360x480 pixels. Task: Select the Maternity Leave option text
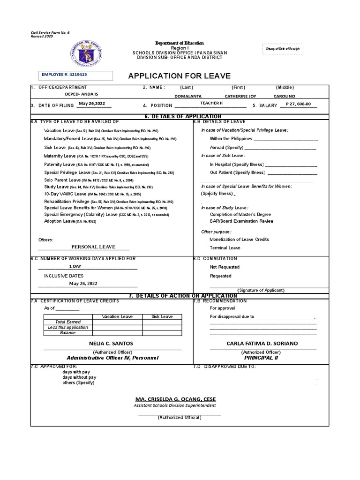point(60,156)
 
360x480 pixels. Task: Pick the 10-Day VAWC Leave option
point(65,194)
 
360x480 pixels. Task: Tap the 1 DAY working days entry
point(75,266)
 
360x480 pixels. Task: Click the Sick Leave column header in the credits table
point(162,317)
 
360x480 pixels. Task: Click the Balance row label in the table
point(67,332)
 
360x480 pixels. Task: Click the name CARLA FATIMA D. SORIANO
point(262,344)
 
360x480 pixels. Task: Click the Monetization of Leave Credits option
point(239,239)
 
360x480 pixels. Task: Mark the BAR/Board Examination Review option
point(241,221)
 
